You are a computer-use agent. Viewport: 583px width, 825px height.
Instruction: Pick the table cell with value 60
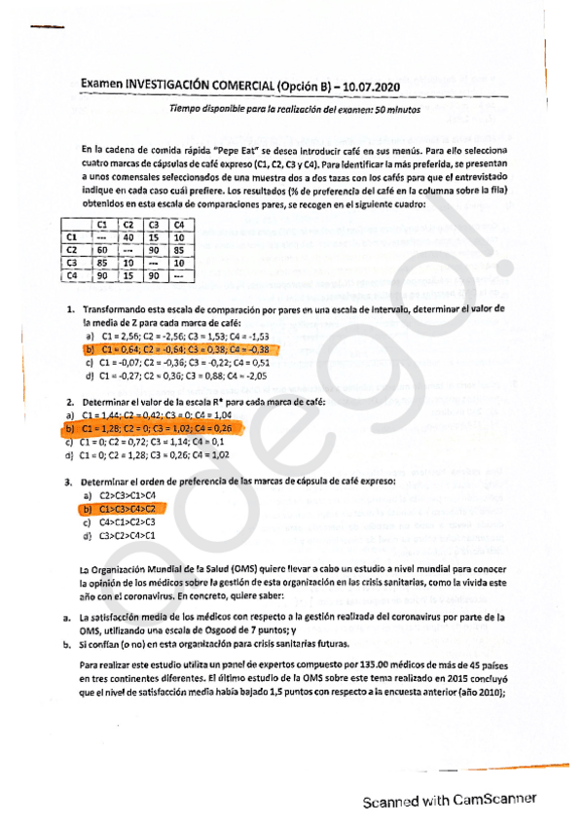pos(101,250)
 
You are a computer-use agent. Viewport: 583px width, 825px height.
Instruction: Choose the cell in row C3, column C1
pos(101,263)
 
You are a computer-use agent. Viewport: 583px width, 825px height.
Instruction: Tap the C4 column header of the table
pos(179,224)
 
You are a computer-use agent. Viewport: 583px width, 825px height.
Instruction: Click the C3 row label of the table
pos(70,263)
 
